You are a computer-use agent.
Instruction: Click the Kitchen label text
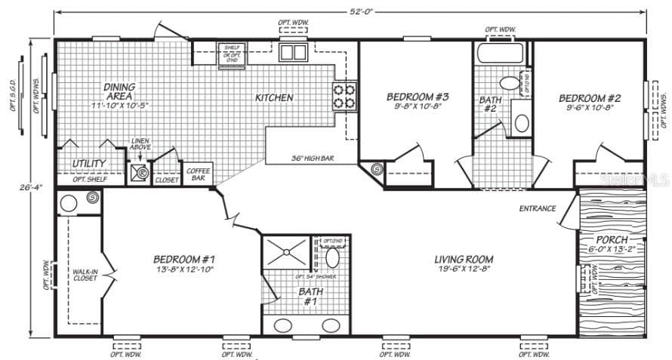pyautogui.click(x=273, y=98)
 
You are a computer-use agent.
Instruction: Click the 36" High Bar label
pyautogui.click(x=313, y=158)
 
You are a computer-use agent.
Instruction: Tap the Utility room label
pyautogui.click(x=89, y=164)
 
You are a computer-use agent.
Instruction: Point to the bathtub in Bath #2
pyautogui.click(x=501, y=54)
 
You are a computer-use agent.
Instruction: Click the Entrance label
pyautogui.click(x=537, y=208)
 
